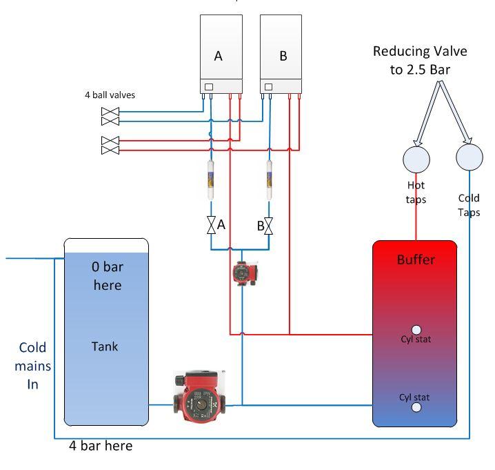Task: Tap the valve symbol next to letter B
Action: tap(270, 226)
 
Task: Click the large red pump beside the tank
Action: tap(199, 396)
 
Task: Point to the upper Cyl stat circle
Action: tap(416, 331)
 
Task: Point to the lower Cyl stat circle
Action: tap(416, 407)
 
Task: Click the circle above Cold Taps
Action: tap(469, 157)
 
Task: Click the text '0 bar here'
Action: tap(106, 275)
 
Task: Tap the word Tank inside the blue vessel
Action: tap(105, 346)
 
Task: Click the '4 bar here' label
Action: tap(101, 446)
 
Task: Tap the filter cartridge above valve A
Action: tap(210, 183)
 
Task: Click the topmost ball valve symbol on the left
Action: tap(110, 112)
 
